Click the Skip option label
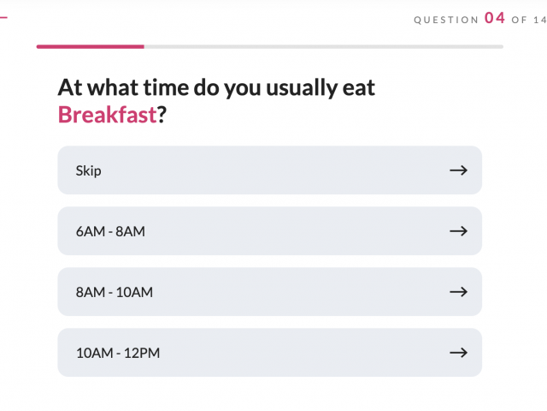click(x=89, y=171)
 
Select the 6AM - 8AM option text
click(x=110, y=231)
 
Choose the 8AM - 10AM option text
click(x=115, y=292)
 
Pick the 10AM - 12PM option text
click(x=118, y=353)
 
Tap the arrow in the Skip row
click(x=458, y=170)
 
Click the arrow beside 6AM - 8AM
click(x=458, y=231)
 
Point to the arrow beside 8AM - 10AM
click(x=458, y=292)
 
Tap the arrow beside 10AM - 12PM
click(x=458, y=353)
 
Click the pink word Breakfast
click(x=107, y=114)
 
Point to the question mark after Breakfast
click(x=162, y=114)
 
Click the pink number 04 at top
click(x=495, y=18)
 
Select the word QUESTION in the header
click(x=446, y=20)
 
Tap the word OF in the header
click(x=519, y=20)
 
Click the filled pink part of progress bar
click(x=91, y=46)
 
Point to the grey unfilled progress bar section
click(x=324, y=46)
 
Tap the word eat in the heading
click(x=359, y=87)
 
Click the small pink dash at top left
click(x=3, y=17)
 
